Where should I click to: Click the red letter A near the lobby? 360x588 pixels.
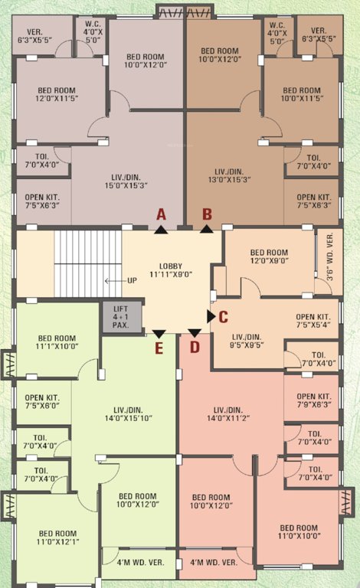point(161,214)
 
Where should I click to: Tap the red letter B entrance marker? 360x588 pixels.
point(206,214)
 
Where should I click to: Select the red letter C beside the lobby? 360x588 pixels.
point(224,315)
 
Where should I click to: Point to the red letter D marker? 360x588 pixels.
point(195,347)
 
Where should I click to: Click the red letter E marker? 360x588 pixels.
point(159,348)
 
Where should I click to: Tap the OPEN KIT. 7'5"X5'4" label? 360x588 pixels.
point(313,320)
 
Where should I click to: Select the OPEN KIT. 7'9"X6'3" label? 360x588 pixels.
point(313,400)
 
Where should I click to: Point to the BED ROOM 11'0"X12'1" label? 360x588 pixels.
point(57,538)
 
